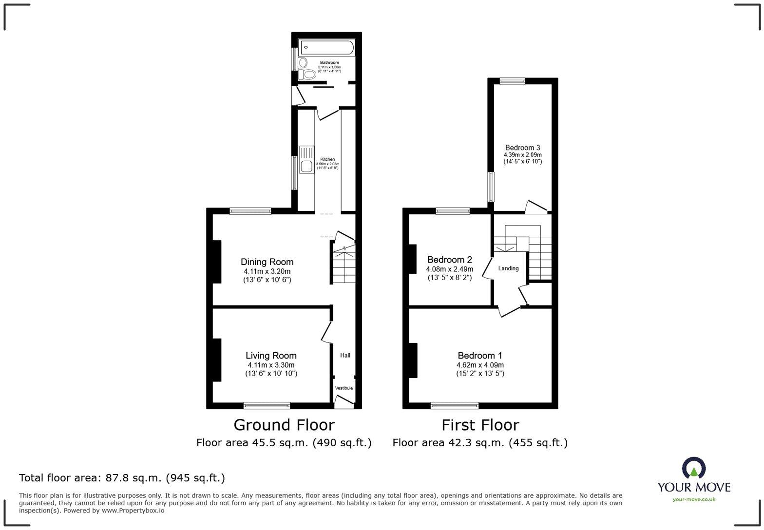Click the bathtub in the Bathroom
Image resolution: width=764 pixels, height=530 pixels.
click(x=327, y=48)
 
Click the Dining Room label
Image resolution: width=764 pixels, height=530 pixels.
click(x=267, y=262)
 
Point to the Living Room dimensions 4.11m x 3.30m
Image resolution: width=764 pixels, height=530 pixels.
click(x=271, y=365)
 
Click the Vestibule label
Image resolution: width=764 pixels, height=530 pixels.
click(x=344, y=388)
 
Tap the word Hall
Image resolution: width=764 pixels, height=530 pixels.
click(x=345, y=355)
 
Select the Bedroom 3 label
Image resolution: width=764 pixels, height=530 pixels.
click(x=522, y=148)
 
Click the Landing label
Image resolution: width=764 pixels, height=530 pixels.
click(x=508, y=268)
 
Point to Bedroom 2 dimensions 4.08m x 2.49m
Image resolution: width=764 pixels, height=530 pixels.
click(x=449, y=269)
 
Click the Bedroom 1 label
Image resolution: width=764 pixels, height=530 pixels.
click(x=480, y=356)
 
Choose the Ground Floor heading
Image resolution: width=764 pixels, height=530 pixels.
click(x=284, y=425)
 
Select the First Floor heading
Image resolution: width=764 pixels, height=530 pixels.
click(x=480, y=425)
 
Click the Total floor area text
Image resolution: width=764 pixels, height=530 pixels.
click(x=122, y=478)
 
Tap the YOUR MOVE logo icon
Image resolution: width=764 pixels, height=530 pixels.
click(x=694, y=468)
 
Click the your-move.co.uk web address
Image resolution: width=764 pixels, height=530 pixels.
click(x=694, y=499)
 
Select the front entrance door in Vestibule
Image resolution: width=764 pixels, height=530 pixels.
click(x=344, y=401)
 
